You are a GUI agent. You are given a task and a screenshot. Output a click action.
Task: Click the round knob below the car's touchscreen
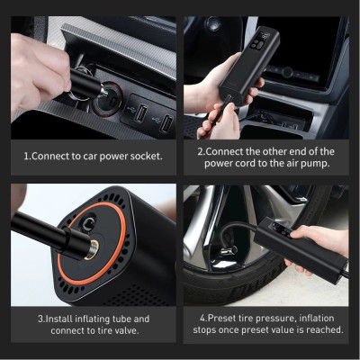pyautogui.click(x=287, y=71)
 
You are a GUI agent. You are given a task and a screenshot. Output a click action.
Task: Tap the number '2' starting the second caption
pyautogui.click(x=200, y=150)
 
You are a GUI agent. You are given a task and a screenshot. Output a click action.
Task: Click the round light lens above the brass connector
pyautogui.click(x=96, y=217)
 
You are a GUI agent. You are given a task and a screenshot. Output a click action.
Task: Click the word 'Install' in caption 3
pyautogui.click(x=59, y=318)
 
